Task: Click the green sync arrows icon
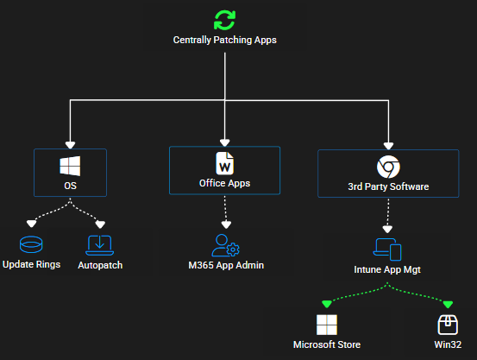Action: tap(225, 21)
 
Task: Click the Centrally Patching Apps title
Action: tap(225, 40)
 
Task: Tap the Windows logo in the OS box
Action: tap(70, 166)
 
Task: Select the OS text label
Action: tap(70, 186)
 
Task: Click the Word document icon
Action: tap(225, 163)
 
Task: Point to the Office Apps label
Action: tap(225, 183)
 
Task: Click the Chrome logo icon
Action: tap(388, 167)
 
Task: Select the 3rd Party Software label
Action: tap(388, 186)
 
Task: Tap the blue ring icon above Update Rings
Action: tap(31, 244)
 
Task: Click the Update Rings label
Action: tap(31, 264)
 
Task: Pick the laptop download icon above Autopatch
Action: tap(100, 245)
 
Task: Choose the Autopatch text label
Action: tap(100, 265)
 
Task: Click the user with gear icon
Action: tap(226, 245)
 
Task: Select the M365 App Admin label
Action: tap(226, 265)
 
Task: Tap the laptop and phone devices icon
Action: tap(387, 249)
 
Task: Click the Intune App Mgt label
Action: tap(387, 269)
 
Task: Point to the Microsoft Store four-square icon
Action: tap(327, 325)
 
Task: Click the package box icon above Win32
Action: tap(448, 325)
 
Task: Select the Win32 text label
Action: tap(448, 344)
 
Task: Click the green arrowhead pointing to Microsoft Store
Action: tap(327, 304)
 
